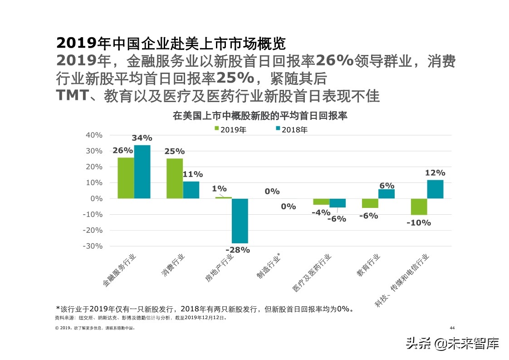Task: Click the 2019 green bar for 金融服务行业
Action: pos(126,178)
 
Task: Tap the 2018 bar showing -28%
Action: pos(240,221)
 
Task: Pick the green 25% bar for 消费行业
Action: pos(175,178)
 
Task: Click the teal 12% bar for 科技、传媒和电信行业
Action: pos(435,189)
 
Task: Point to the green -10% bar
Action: pos(419,207)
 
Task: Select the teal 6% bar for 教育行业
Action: pos(387,194)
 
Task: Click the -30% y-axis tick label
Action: pos(93,246)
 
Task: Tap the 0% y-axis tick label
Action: pos(96,198)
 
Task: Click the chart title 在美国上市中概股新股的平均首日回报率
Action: pos(260,115)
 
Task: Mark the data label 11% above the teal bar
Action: pos(192,174)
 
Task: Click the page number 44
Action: pos(452,328)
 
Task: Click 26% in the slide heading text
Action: pos(334,60)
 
